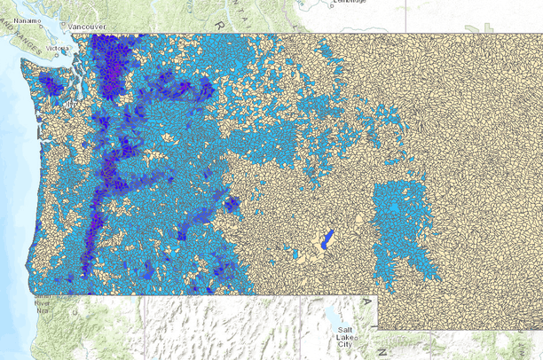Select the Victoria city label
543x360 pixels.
pyautogui.click(x=58, y=48)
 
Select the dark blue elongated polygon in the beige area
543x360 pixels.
pyautogui.click(x=327, y=239)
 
